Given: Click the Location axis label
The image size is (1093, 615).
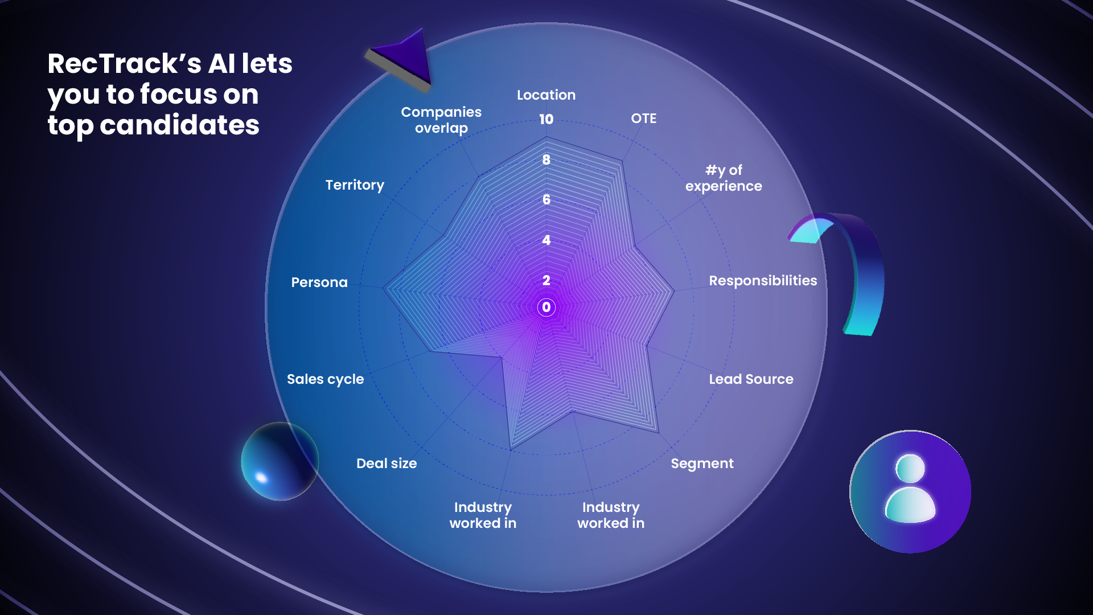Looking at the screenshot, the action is [546, 95].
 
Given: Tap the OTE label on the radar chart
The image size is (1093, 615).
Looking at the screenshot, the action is [643, 118].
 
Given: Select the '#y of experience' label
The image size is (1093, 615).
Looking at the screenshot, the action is [724, 178].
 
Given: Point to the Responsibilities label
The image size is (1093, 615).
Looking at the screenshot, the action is [763, 281].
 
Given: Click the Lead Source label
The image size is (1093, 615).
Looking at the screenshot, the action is [751, 379].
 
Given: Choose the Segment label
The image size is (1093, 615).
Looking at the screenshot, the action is [702, 464].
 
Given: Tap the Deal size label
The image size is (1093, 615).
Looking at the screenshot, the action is [387, 464].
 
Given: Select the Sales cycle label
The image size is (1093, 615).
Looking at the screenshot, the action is [325, 379].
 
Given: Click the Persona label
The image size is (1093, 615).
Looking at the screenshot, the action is [319, 282].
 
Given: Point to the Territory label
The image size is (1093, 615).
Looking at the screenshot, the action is [355, 185].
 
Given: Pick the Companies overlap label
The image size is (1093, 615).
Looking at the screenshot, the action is [441, 120].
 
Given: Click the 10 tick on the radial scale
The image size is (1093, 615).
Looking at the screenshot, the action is [546, 120].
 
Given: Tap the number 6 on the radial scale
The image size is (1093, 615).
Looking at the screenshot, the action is [546, 200].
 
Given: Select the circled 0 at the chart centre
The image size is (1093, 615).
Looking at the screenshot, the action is [546, 307].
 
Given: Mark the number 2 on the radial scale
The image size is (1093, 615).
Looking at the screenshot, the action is [546, 280].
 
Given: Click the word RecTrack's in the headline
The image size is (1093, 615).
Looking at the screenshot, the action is [124, 64].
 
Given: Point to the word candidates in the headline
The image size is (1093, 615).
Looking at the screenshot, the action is [179, 125].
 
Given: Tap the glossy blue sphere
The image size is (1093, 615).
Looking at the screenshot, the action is [280, 461].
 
